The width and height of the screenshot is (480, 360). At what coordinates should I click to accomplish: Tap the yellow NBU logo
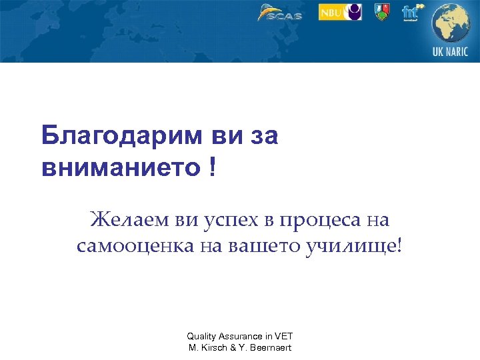coord(340,12)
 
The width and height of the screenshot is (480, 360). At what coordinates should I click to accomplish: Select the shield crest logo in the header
coord(382,12)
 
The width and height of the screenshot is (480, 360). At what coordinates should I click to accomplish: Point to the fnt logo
coord(411,12)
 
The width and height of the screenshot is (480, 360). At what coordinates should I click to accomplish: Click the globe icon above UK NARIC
coord(451,24)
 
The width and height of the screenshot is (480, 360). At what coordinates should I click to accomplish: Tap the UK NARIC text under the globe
coord(451,52)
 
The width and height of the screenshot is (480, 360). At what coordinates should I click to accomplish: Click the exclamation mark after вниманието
coord(212,167)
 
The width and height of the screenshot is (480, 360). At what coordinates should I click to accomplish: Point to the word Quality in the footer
coord(200,337)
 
